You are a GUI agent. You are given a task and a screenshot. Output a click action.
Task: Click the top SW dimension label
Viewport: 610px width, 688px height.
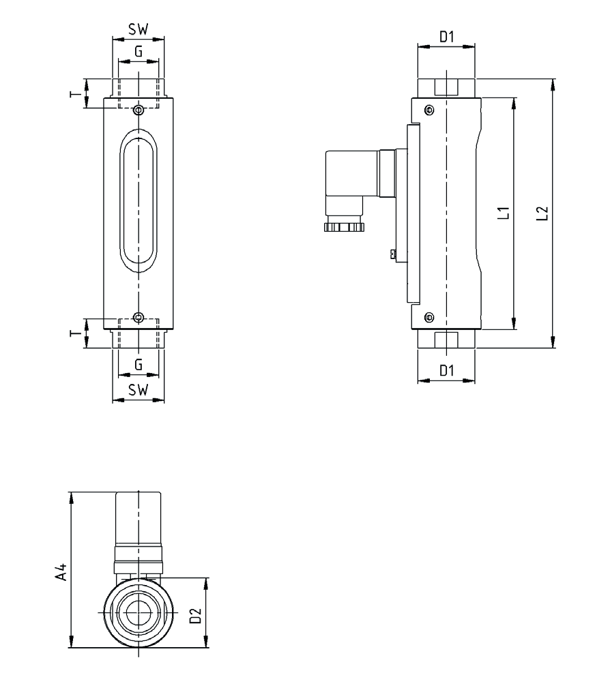pos(139,30)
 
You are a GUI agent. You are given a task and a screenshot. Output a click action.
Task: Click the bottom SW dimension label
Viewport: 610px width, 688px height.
pos(139,391)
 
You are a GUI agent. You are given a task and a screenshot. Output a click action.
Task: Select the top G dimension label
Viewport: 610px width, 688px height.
pos(139,51)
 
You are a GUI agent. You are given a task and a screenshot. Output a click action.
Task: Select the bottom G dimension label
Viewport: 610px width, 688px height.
pos(139,365)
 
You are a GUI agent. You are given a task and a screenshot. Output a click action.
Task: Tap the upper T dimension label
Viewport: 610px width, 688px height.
pos(75,93)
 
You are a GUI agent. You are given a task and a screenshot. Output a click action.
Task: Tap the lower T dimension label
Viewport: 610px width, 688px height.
pos(75,333)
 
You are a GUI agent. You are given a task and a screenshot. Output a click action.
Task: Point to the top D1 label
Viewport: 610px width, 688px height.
pos(446,38)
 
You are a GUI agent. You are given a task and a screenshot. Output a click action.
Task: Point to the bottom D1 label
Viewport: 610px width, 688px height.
pos(446,371)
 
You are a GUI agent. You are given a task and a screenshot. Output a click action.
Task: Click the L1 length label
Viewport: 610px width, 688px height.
pos(504,213)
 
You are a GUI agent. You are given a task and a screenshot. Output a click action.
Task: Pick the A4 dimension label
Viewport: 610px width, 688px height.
pos(61,571)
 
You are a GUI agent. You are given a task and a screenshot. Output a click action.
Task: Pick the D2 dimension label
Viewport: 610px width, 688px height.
pos(196,616)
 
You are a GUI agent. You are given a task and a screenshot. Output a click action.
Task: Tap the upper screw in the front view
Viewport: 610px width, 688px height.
pos(139,110)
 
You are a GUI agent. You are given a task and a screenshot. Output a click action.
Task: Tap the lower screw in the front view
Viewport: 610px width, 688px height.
pos(139,317)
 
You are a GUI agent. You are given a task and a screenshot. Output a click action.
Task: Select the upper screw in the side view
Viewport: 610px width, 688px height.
pos(429,110)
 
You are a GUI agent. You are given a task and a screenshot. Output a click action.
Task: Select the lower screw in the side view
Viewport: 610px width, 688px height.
pos(429,316)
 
